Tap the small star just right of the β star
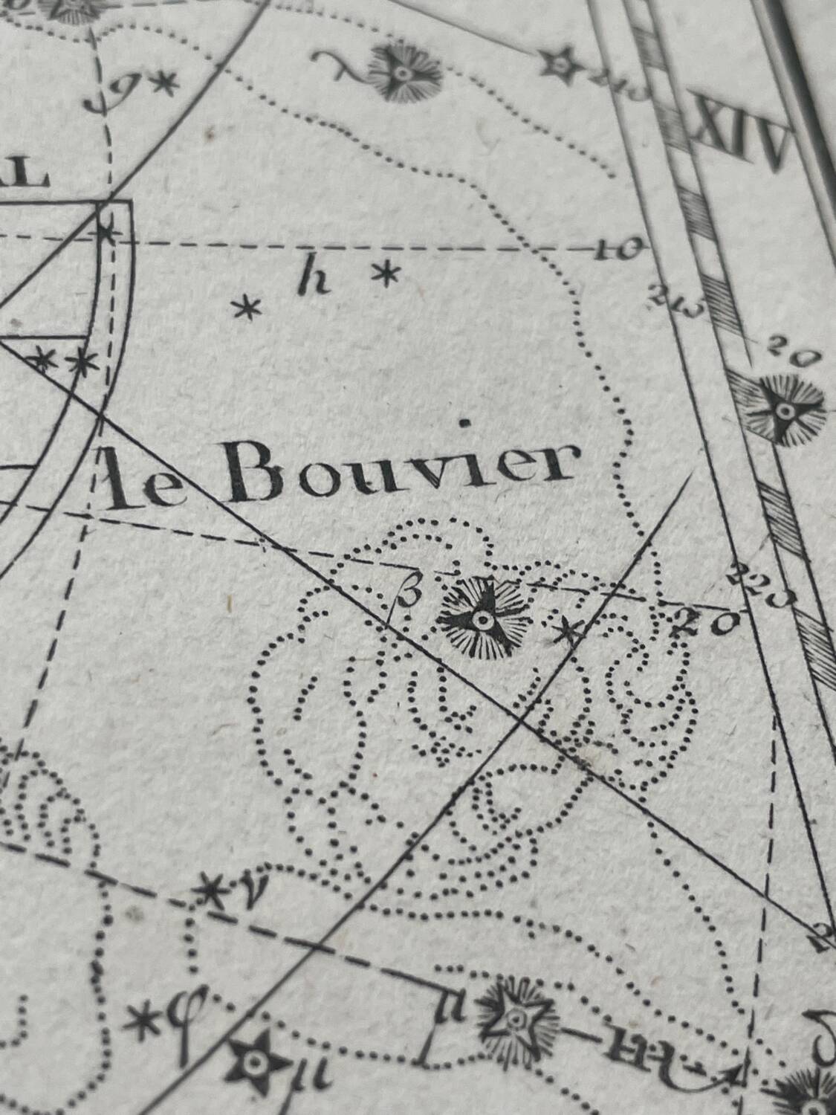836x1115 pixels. click(569, 633)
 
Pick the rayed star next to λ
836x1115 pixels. click(402, 73)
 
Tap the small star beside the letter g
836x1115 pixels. click(165, 82)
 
